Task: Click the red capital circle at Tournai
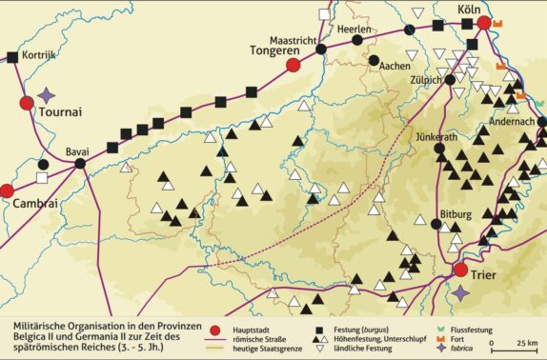click(x=26, y=104)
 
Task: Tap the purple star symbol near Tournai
click(x=48, y=95)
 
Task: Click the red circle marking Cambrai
click(x=6, y=190)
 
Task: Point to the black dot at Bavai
click(x=80, y=164)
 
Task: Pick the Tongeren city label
click(x=274, y=50)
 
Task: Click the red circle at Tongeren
click(x=293, y=64)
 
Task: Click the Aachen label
click(x=395, y=67)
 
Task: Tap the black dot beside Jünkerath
click(x=438, y=149)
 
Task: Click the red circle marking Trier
click(x=460, y=270)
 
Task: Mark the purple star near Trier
click(x=461, y=290)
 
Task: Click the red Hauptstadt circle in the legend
click(x=216, y=323)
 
